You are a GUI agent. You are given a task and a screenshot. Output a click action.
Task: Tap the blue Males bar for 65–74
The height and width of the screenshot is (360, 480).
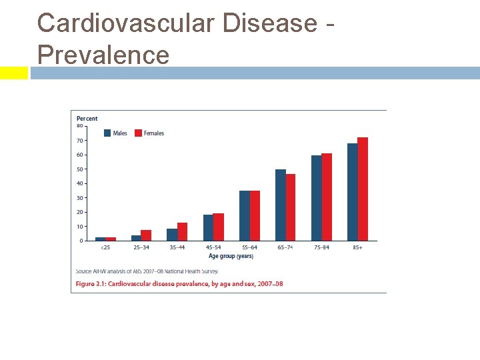pyautogui.click(x=281, y=205)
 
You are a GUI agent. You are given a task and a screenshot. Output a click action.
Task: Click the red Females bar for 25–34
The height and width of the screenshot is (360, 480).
pyautogui.click(x=146, y=235)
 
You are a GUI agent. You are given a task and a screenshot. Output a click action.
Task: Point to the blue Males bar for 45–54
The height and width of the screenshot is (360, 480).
pyautogui.click(x=208, y=227)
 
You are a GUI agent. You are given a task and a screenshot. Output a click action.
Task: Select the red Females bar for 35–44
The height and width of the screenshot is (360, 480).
pyautogui.click(x=182, y=231)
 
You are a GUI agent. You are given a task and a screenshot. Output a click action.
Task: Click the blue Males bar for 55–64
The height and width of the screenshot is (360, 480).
pyautogui.click(x=245, y=215)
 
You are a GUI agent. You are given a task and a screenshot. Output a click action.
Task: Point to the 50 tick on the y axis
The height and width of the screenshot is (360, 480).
pyautogui.click(x=79, y=169)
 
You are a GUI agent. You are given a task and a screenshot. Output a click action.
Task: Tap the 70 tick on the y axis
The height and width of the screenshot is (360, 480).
pyautogui.click(x=79, y=141)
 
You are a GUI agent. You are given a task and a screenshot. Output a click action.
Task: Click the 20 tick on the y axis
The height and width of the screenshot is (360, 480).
pyautogui.click(x=79, y=212)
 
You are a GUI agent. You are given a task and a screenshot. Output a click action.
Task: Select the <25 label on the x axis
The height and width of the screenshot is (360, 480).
pyautogui.click(x=105, y=248)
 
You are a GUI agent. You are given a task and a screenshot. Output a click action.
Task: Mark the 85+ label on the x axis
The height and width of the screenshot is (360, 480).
pyautogui.click(x=357, y=248)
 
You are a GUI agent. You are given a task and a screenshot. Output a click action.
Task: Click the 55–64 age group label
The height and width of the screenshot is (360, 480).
pyautogui.click(x=249, y=248)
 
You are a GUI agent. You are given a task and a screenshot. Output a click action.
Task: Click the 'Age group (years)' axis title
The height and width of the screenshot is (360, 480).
pyautogui.click(x=231, y=256)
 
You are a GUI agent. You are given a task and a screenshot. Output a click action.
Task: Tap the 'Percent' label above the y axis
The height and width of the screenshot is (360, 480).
pyautogui.click(x=87, y=119)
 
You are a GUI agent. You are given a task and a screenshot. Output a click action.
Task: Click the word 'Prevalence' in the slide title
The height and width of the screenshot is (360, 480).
pyautogui.click(x=103, y=54)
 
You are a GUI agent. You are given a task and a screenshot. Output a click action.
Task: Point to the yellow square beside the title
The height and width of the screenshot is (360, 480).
pyautogui.click(x=13, y=73)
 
